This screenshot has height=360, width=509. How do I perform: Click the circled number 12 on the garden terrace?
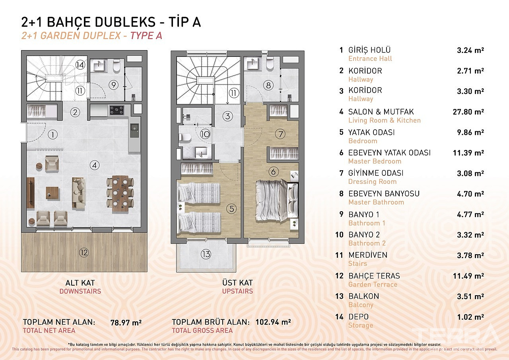click(x=84, y=253)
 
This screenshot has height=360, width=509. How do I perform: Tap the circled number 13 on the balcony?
click(x=206, y=254)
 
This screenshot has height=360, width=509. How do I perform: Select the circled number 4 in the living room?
click(x=95, y=165)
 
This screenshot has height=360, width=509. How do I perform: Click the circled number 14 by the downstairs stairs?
click(x=80, y=65)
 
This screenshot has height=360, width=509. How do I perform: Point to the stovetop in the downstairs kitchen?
click(x=117, y=110)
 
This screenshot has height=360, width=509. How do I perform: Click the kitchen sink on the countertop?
click(x=134, y=130)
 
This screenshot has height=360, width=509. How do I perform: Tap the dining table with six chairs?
click(x=120, y=193)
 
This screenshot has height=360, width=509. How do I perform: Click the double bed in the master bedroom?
click(x=277, y=200)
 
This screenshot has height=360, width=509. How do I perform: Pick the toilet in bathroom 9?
click(x=117, y=66)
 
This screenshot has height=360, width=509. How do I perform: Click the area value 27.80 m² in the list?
click(x=468, y=112)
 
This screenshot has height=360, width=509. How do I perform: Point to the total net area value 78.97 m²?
click(x=126, y=323)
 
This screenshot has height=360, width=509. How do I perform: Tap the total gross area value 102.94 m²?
click(x=273, y=322)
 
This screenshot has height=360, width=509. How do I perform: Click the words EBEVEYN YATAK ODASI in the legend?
click(x=389, y=153)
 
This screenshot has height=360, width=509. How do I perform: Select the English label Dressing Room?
click(x=373, y=181)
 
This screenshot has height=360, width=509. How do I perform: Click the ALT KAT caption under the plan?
click(x=80, y=283)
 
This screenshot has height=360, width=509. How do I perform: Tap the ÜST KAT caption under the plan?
click(x=237, y=283)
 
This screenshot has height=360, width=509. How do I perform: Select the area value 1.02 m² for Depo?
click(x=470, y=317)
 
